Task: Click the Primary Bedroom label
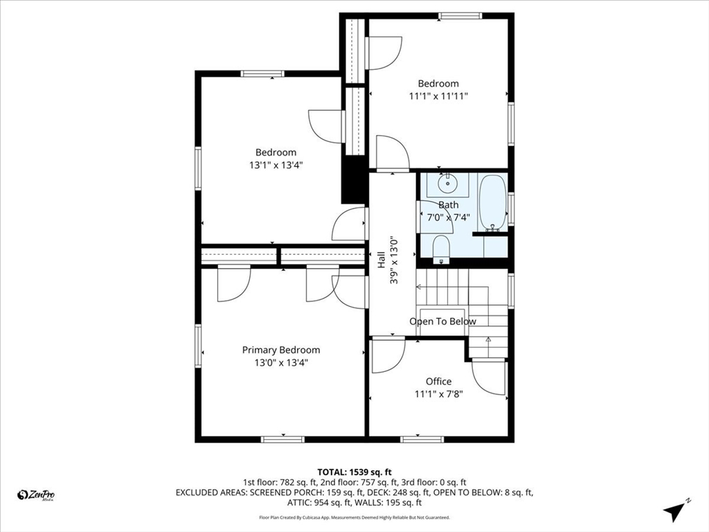(281, 350)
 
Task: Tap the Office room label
(438, 382)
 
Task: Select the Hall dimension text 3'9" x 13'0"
(394, 260)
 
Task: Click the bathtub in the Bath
(492, 203)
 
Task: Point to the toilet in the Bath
(441, 249)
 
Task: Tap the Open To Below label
(442, 321)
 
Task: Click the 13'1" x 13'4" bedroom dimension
(276, 165)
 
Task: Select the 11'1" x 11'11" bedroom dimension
(438, 96)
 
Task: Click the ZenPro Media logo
(36, 495)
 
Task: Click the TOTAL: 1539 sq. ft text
(354, 472)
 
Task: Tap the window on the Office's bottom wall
(422, 439)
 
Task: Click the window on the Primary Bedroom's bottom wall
(282, 439)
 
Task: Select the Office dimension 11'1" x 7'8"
(438, 394)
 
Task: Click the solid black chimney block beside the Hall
(353, 179)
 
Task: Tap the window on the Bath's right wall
(511, 209)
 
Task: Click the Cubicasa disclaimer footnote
(354, 517)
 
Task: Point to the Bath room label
(448, 205)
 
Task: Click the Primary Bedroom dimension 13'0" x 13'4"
(281, 362)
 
